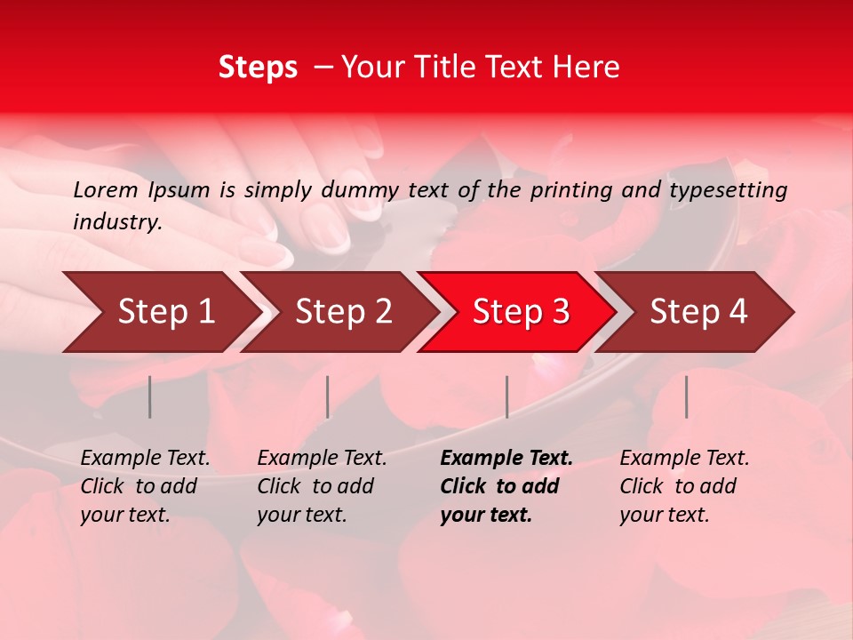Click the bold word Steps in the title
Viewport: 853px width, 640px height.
[258, 67]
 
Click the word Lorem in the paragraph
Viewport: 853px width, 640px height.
[105, 189]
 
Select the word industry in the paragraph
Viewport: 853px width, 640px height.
[117, 222]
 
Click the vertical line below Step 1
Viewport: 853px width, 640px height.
[150, 396]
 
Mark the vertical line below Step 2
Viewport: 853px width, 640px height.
[328, 396]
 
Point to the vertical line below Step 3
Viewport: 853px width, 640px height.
[507, 396]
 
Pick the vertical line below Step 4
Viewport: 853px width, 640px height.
[687, 396]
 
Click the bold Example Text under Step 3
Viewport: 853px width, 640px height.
[506, 459]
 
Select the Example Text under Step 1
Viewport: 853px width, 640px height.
[145, 459]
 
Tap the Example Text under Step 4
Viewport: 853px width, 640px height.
[684, 459]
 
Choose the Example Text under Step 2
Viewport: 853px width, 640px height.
[322, 459]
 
